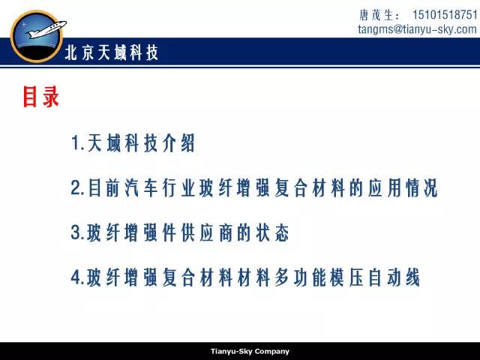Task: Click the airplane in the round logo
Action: (46, 29)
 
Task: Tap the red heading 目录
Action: (40, 97)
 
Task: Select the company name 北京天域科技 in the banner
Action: (112, 52)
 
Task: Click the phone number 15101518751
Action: (445, 14)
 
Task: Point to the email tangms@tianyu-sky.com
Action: (417, 29)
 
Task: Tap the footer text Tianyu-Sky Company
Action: (250, 351)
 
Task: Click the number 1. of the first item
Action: (78, 143)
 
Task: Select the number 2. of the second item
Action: (77, 187)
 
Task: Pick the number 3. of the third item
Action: (77, 232)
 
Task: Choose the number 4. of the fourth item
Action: (77, 277)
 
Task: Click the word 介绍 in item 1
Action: (178, 143)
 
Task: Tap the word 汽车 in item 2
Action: (141, 187)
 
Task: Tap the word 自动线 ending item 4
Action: (394, 277)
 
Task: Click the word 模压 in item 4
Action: (347, 277)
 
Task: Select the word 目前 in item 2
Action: (103, 187)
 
